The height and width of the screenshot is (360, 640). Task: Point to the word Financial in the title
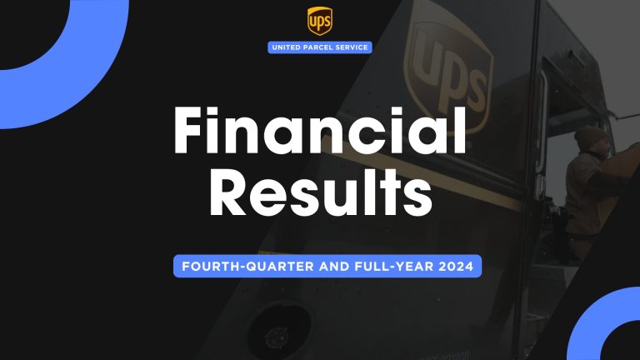(320, 132)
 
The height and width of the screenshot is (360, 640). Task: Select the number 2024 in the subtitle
(455, 267)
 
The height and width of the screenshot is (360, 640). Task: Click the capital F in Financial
(194, 132)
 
